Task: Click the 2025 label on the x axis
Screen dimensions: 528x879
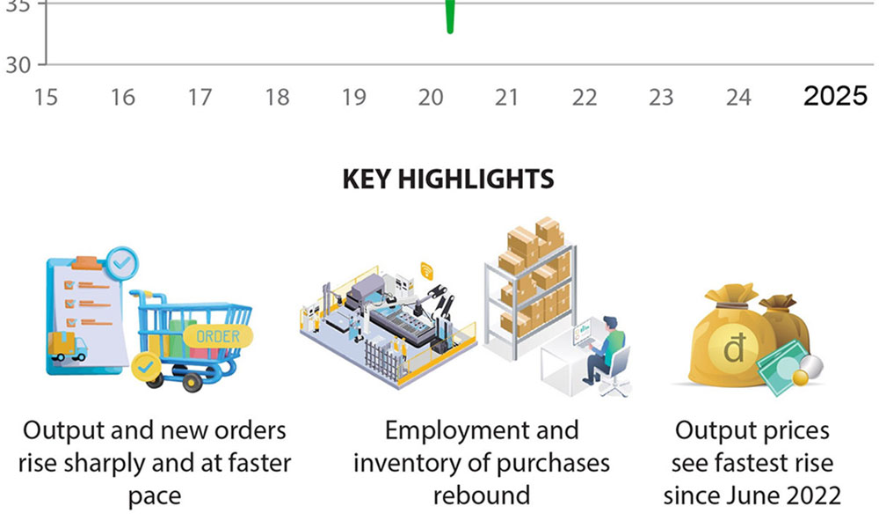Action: pyautogui.click(x=834, y=96)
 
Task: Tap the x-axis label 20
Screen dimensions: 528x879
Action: pyautogui.click(x=431, y=97)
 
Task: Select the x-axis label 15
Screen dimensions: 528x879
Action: pyautogui.click(x=46, y=97)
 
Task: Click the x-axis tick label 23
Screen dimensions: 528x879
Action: pyautogui.click(x=661, y=97)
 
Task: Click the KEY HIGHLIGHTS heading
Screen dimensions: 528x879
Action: pyautogui.click(x=447, y=180)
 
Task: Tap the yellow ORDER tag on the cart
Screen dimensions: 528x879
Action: pyautogui.click(x=217, y=336)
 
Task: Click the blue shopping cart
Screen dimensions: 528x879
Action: pyautogui.click(x=189, y=339)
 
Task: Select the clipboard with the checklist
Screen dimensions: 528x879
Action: pyautogui.click(x=84, y=312)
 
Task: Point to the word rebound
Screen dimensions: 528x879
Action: pyautogui.click(x=482, y=495)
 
